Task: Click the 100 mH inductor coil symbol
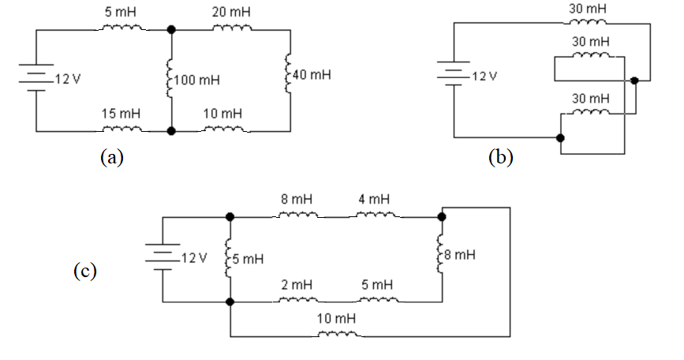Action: click(x=170, y=80)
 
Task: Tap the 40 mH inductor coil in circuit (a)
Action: click(x=291, y=76)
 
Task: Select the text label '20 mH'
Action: click(x=229, y=13)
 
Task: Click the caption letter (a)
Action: click(x=111, y=157)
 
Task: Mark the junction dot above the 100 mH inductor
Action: click(x=171, y=30)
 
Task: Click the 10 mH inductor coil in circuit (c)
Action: click(x=338, y=334)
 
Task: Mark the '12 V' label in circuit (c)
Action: click(x=192, y=258)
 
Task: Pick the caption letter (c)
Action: click(x=84, y=271)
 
